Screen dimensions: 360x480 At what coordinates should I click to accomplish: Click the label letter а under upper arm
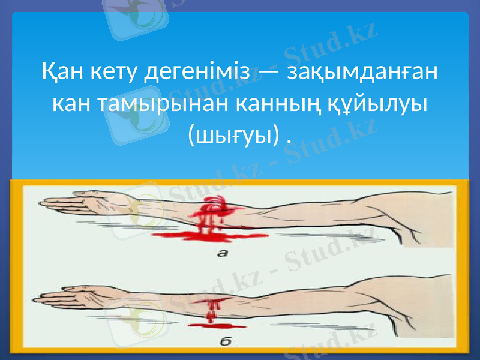point(222,254)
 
